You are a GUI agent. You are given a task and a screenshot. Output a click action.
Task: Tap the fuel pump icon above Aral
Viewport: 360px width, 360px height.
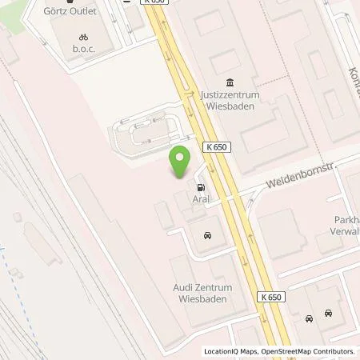[199, 186]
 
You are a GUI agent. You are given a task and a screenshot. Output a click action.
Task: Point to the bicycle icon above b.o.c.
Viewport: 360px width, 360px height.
[83, 37]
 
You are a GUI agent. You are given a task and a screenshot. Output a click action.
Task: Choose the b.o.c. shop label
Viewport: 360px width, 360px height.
[83, 49]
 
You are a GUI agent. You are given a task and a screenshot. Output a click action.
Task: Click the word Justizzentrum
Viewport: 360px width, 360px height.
[230, 96]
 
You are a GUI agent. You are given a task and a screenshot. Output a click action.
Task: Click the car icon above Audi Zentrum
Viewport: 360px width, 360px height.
[207, 235]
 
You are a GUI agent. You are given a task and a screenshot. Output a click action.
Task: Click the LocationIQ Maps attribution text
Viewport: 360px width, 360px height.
[230, 351]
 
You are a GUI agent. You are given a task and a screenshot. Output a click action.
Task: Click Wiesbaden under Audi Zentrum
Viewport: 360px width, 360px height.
[200, 298]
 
